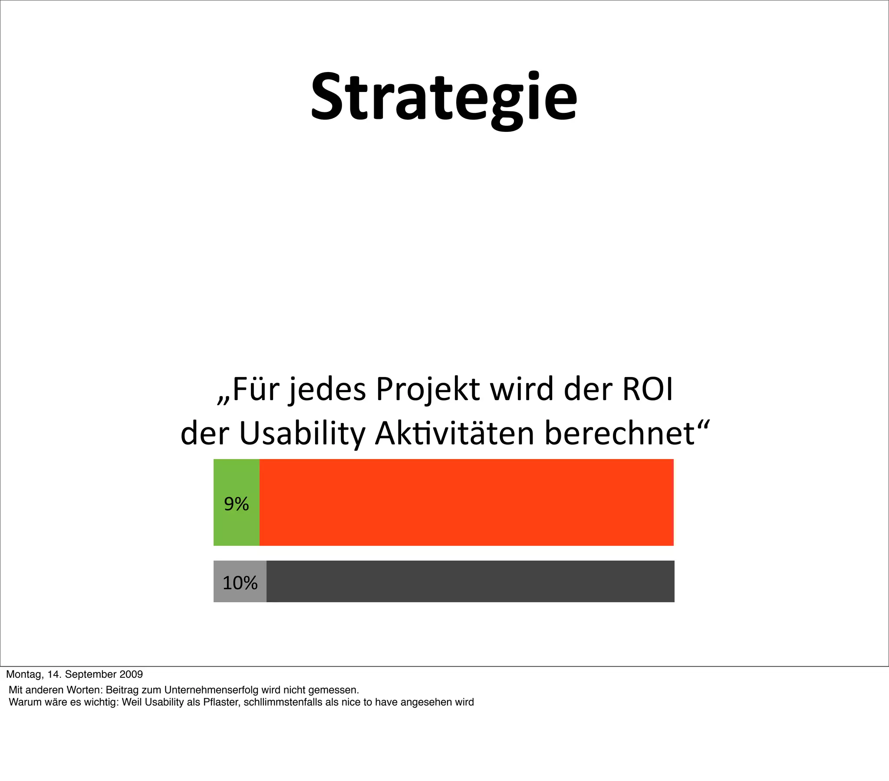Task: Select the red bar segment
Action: point(466,502)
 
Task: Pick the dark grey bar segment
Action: point(470,581)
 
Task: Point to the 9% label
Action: point(236,504)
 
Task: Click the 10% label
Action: point(240,583)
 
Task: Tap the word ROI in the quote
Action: point(648,389)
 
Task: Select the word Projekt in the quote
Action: point(428,390)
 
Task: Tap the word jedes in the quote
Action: point(327,390)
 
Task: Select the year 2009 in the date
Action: point(131,674)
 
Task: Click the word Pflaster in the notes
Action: point(221,702)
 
